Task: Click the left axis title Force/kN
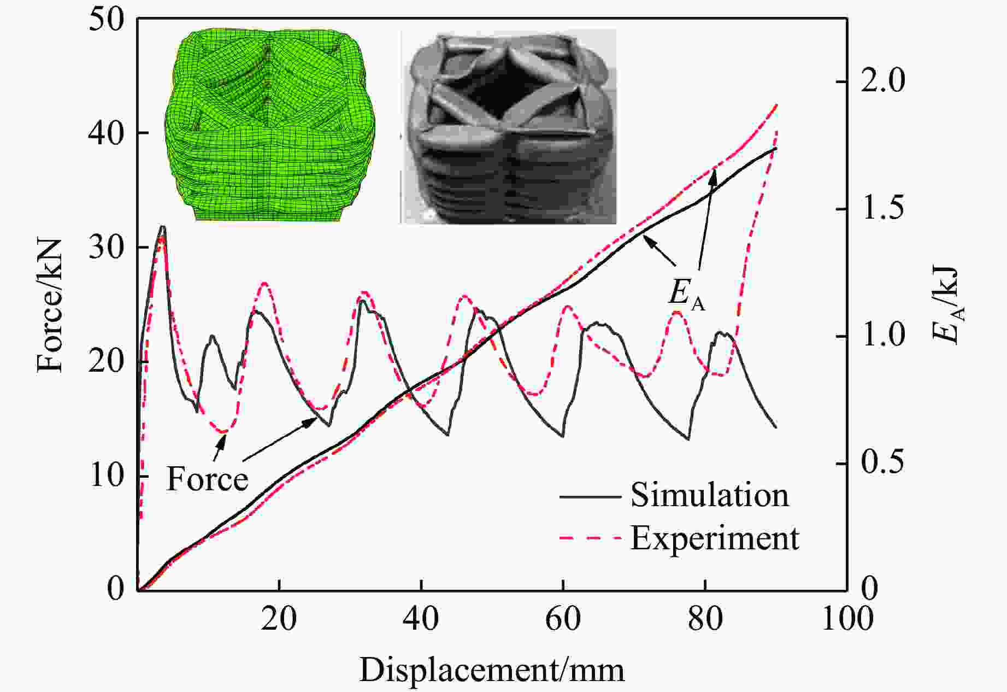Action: point(50,305)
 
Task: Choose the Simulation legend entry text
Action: point(709,495)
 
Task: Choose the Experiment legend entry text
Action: point(715,538)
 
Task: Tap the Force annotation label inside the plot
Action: point(207,479)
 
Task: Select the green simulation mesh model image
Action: point(270,125)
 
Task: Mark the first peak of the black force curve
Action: point(162,226)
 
